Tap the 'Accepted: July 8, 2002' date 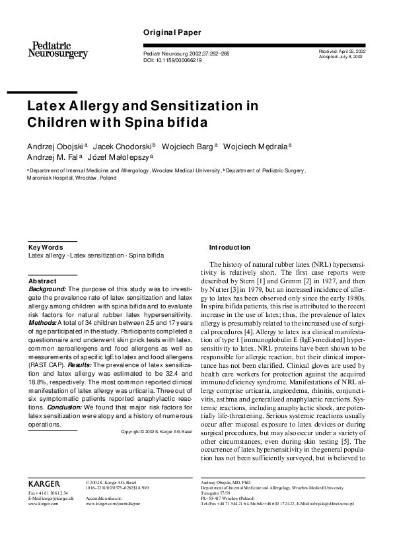(341, 57)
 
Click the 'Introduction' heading (230, 248)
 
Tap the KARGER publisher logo (45, 483)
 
